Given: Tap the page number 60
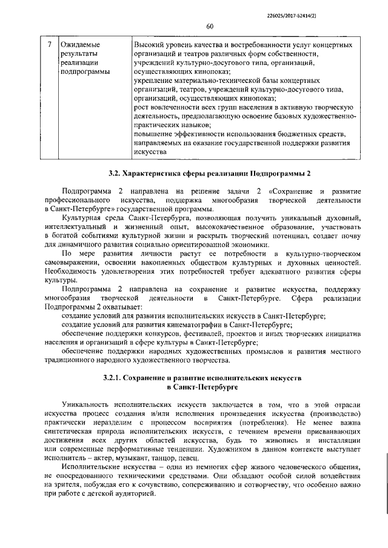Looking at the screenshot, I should (x=210, y=26).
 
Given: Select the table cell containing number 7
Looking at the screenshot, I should (x=49, y=45).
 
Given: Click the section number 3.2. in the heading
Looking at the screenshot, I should (x=116, y=174).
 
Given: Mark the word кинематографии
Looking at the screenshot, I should (x=198, y=325).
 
